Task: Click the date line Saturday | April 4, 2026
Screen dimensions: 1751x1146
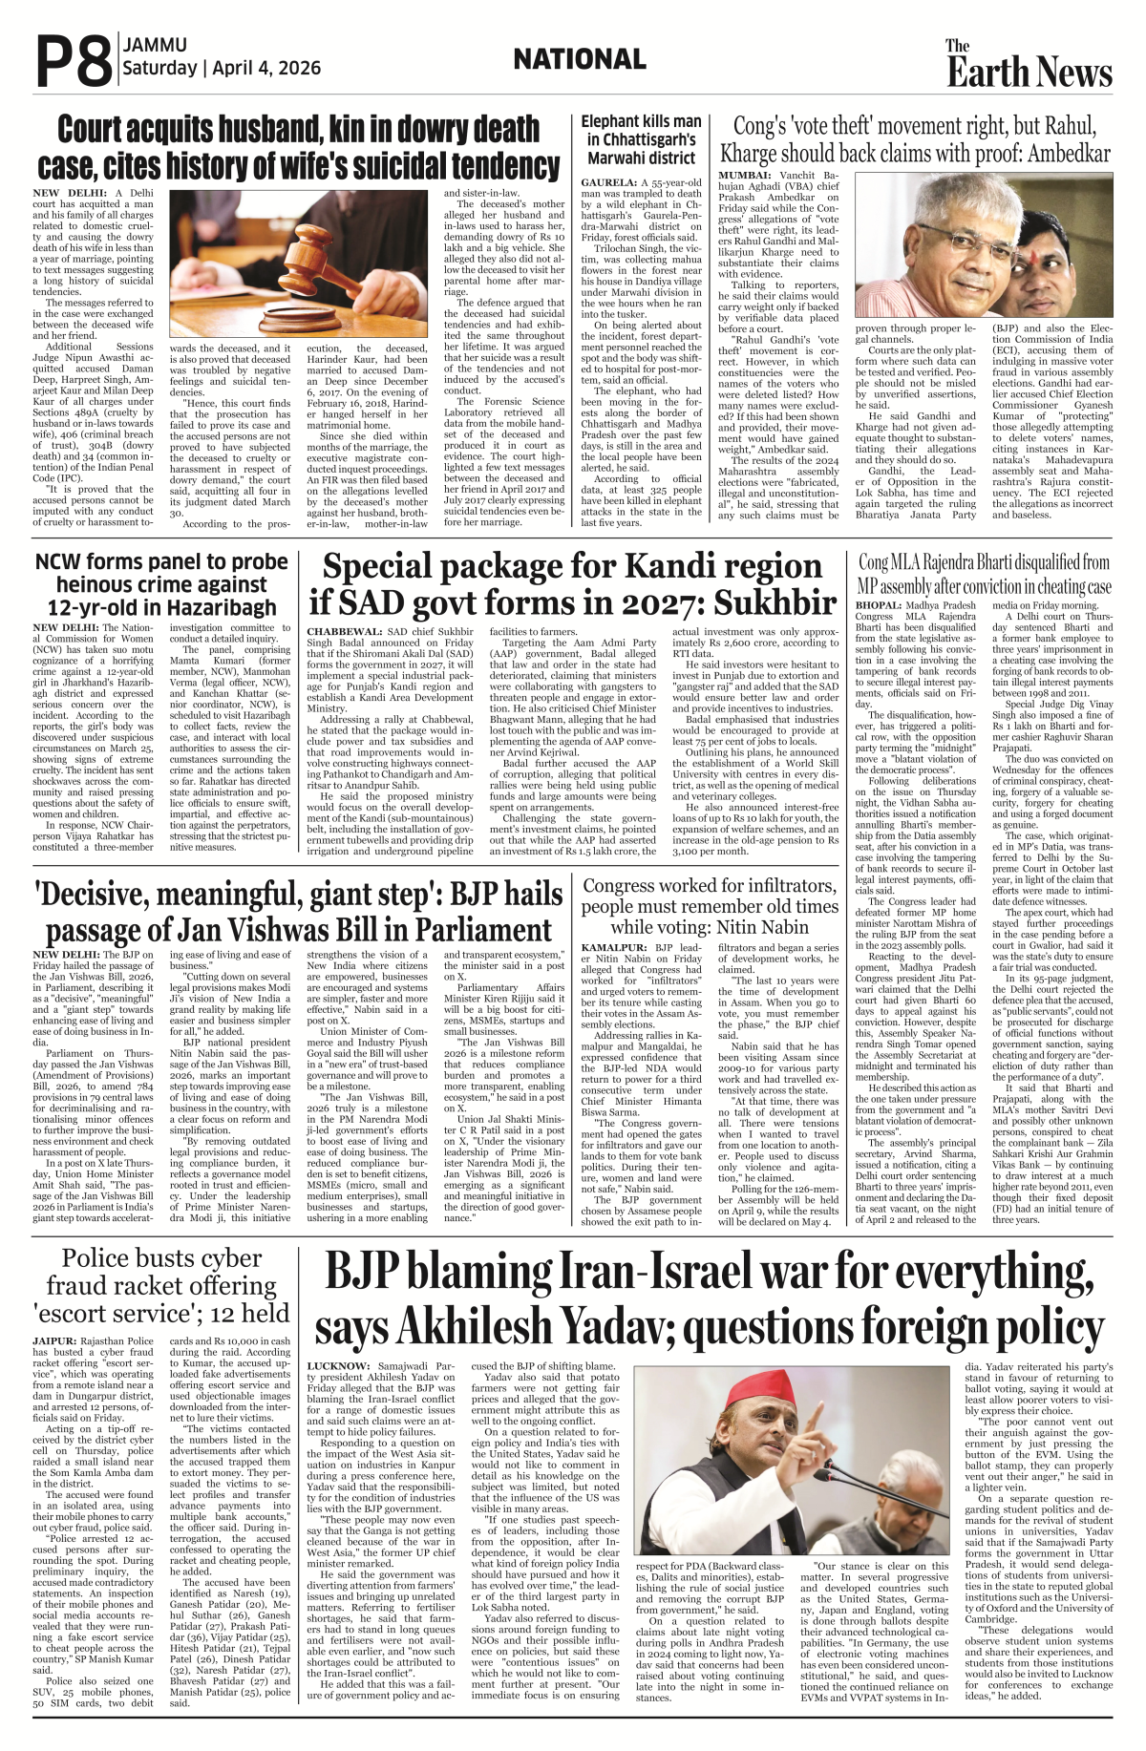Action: pos(222,69)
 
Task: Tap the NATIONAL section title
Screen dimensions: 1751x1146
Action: pos(579,60)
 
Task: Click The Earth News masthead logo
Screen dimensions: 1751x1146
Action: pos(1029,65)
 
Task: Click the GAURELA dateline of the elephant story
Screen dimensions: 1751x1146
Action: pos(608,181)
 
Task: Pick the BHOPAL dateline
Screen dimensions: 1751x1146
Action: pos(878,605)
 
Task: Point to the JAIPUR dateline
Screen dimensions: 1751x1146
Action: pos(54,1341)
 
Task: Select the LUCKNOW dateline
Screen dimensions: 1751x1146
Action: pos(338,1366)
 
